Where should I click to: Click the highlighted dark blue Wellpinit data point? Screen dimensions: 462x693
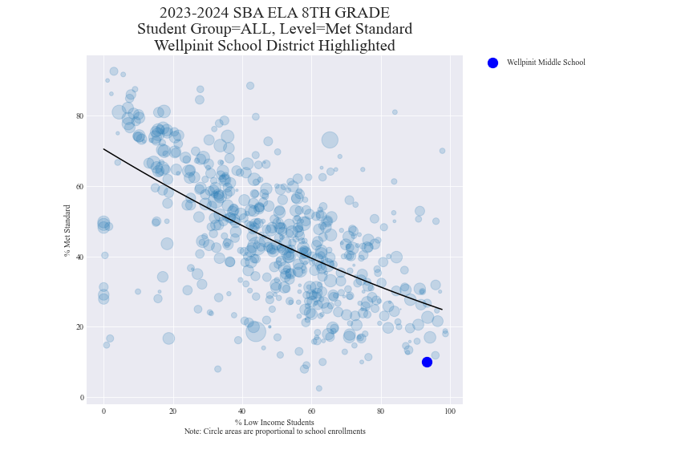click(x=427, y=362)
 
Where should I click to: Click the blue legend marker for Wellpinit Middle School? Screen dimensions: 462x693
click(x=492, y=63)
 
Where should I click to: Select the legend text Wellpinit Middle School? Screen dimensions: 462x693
click(x=545, y=63)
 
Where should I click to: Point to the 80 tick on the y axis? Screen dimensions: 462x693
click(x=80, y=115)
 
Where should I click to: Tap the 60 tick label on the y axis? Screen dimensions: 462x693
click(x=80, y=186)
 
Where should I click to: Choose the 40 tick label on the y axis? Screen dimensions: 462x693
click(x=80, y=257)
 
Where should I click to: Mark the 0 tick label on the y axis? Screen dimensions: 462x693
click(x=82, y=398)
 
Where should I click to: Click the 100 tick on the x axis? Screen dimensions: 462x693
click(x=450, y=411)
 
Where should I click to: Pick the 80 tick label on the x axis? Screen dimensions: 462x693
click(x=380, y=411)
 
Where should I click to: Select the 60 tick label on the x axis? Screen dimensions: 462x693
click(x=311, y=411)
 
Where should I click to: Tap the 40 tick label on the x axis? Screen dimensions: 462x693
click(x=242, y=411)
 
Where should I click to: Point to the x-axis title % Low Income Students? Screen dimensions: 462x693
click(x=274, y=422)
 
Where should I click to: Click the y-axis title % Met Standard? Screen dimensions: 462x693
click(x=68, y=230)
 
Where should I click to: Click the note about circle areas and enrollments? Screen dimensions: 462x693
click(x=274, y=432)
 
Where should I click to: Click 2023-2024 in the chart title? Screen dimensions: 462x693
click(x=196, y=13)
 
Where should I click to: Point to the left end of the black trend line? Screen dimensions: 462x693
click(x=103, y=149)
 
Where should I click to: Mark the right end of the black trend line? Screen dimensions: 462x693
click(x=442, y=310)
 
